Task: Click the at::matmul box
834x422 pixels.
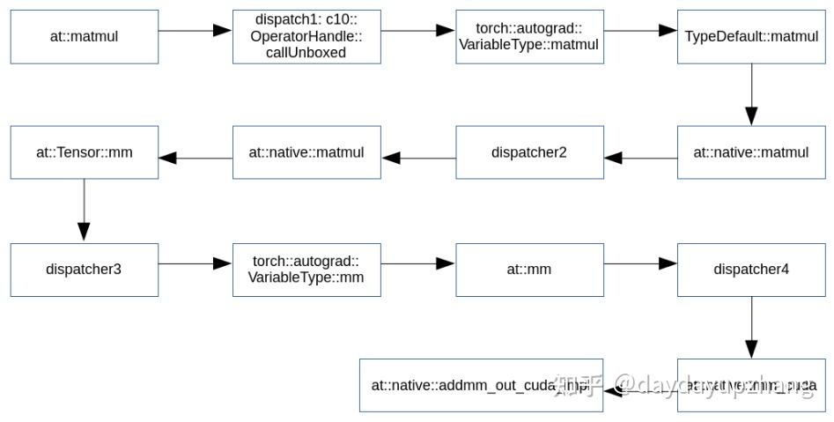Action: click(x=85, y=37)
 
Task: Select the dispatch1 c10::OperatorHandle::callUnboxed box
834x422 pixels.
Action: click(x=306, y=37)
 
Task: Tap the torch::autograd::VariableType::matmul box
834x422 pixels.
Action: click(x=529, y=37)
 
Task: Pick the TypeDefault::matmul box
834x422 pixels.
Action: click(x=750, y=37)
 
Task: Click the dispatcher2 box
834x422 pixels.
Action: click(x=529, y=152)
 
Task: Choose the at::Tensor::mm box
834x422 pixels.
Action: click(x=85, y=152)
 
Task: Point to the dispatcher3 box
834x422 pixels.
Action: click(x=85, y=270)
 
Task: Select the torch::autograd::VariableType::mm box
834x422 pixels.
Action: click(x=306, y=270)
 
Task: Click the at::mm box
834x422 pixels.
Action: click(x=529, y=270)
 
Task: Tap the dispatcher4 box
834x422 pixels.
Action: click(x=750, y=270)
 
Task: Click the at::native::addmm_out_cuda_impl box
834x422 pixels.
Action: click(x=481, y=386)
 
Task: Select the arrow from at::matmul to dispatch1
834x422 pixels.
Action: click(x=196, y=30)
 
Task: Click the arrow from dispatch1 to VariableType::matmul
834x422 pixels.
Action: click(x=418, y=30)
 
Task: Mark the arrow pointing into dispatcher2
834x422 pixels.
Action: click(x=640, y=159)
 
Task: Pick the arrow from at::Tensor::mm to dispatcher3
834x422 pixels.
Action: click(x=84, y=211)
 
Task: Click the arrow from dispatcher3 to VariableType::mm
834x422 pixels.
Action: click(x=196, y=263)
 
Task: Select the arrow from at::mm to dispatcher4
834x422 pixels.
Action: click(x=640, y=263)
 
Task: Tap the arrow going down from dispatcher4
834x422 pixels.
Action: click(x=751, y=327)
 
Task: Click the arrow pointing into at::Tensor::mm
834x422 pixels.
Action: click(x=196, y=159)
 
